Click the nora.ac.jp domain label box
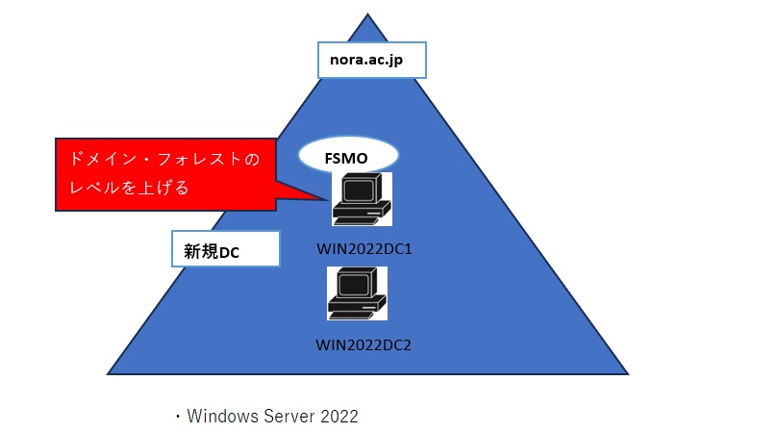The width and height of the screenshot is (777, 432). tap(371, 61)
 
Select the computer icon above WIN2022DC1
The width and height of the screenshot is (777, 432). tap(361, 199)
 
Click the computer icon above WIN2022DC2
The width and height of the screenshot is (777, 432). tap(357, 293)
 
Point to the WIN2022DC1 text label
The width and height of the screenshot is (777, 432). tap(363, 248)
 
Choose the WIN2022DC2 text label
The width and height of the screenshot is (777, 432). tap(363, 343)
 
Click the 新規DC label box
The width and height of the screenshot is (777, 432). tap(225, 249)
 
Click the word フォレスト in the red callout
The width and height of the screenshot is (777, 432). tap(200, 158)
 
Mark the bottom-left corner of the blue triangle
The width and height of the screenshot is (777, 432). tap(108, 373)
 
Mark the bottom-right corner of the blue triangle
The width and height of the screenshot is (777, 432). tap(629, 373)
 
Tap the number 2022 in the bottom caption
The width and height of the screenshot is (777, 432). tap(337, 417)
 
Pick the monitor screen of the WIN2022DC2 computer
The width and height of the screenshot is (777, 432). tap(352, 285)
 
